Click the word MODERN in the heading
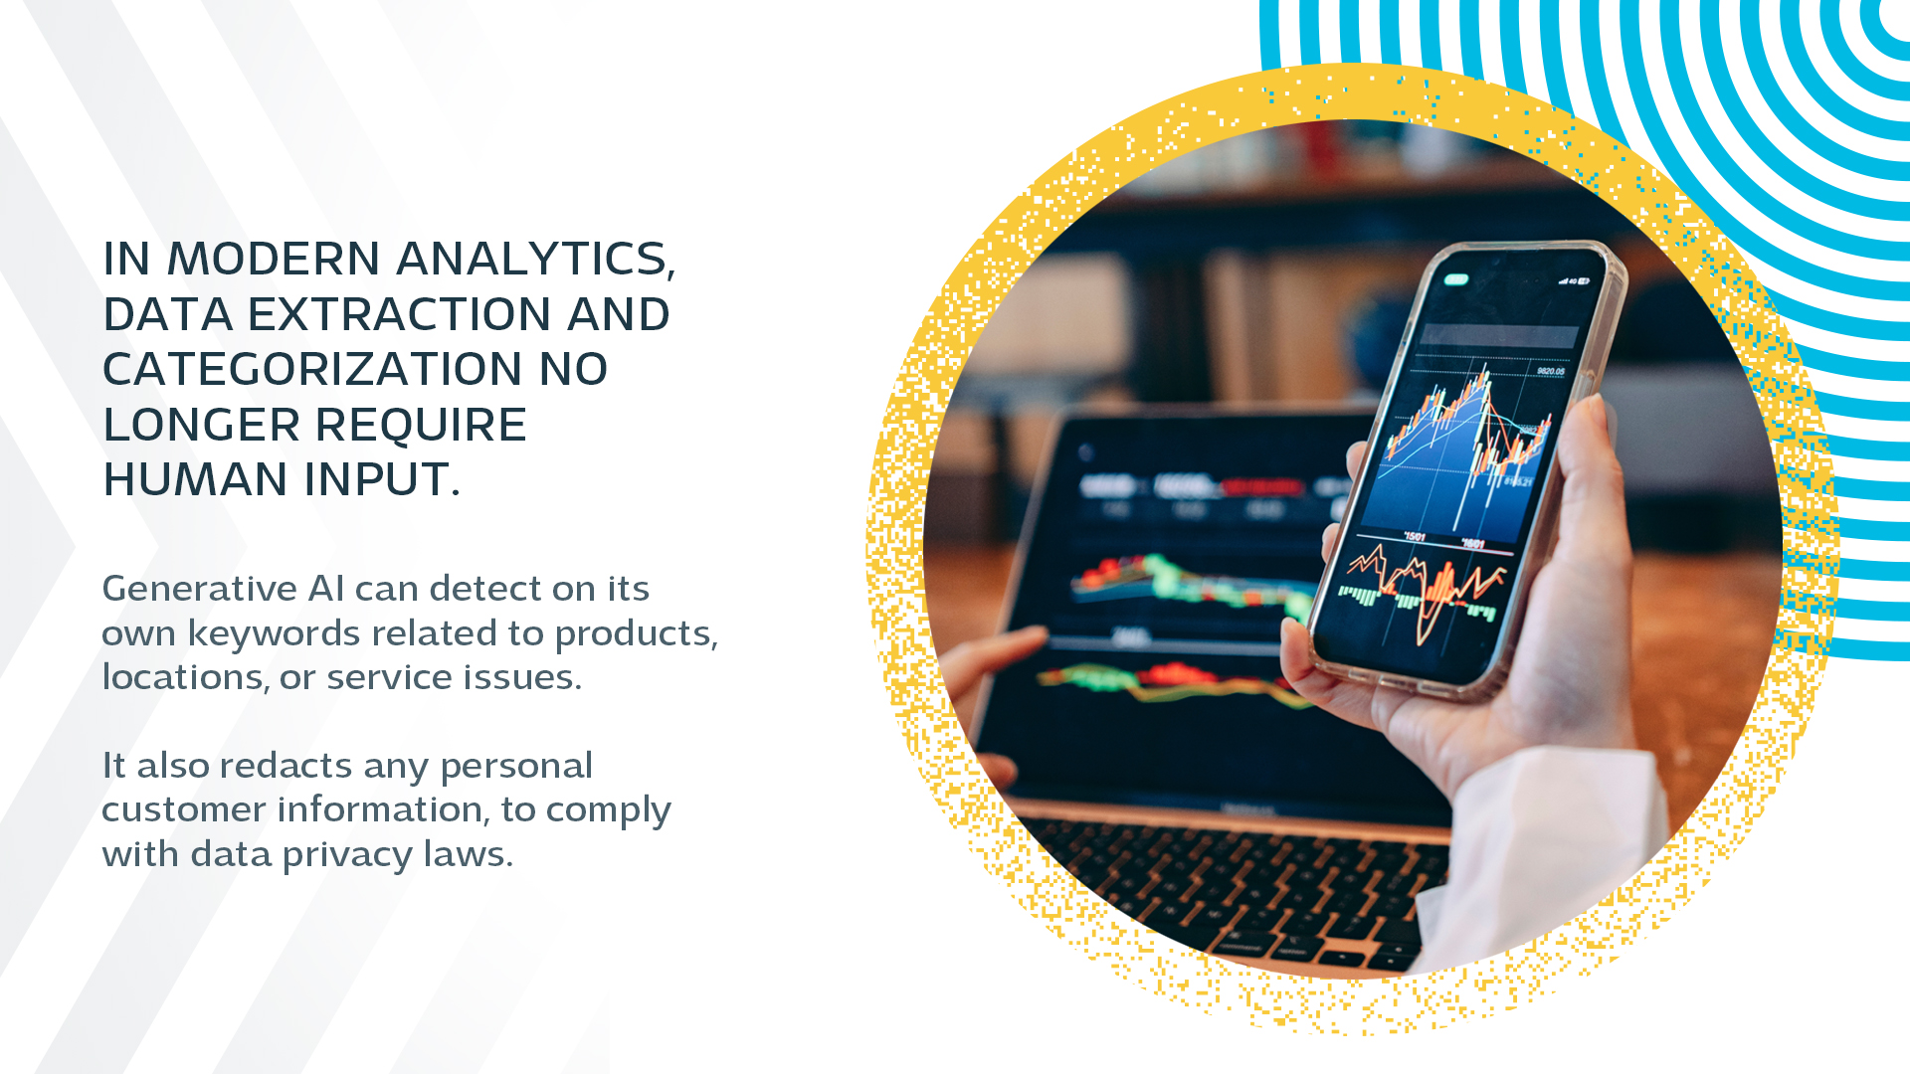click(274, 259)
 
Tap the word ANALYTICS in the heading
click(536, 260)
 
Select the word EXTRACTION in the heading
click(400, 314)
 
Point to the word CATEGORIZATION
click(312, 369)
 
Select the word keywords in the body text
click(275, 632)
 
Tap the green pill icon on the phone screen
click(1456, 279)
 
